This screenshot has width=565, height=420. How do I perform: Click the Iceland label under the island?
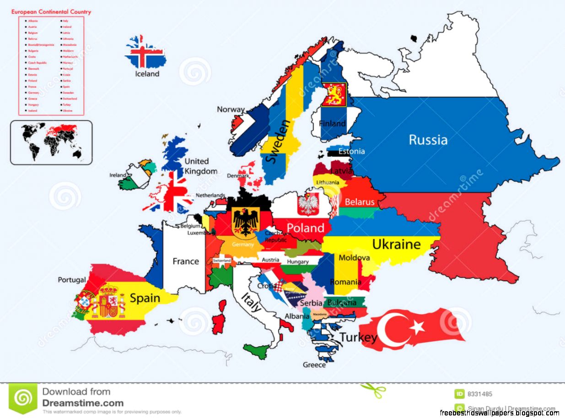pos(147,74)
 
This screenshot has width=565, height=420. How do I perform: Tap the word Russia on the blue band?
pos(428,139)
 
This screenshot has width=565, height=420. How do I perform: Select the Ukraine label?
pos(396,244)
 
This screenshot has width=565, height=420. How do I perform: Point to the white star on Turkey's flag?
pos(417,327)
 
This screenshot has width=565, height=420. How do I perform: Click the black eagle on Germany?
pos(246,221)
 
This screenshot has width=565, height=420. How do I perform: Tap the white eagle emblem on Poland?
pos(308,204)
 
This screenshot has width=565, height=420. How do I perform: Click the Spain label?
pos(145,298)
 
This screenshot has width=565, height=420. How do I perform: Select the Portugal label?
pos(72,279)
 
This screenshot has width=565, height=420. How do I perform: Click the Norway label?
pos(231,109)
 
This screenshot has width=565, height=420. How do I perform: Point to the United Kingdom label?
pos(200,166)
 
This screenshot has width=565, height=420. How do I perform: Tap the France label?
pos(185,262)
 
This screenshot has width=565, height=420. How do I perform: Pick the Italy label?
pos(251,302)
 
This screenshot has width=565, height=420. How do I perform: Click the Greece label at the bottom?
pos(314,365)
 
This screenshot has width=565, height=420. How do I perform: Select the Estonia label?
pos(351,151)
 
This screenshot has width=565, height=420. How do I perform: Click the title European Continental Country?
pos(51,11)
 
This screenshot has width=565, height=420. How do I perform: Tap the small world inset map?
pos(51,142)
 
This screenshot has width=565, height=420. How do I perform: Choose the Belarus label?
pos(360,202)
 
